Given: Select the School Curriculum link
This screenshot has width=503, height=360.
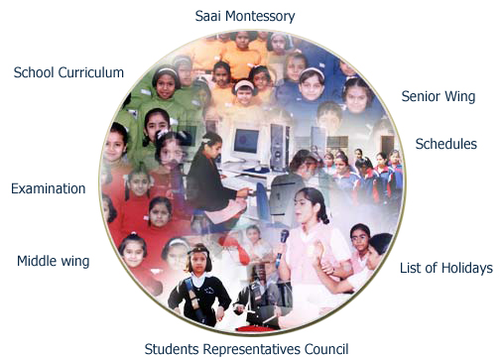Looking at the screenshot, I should click(x=68, y=73).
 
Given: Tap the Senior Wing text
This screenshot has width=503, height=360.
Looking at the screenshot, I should click(x=438, y=97).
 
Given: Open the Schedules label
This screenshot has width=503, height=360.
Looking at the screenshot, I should click(x=445, y=145).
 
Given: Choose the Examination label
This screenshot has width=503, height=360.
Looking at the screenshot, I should click(x=48, y=188).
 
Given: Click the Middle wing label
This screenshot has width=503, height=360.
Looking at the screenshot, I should click(x=53, y=262).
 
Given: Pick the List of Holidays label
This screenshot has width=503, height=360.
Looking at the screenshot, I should click(x=445, y=269).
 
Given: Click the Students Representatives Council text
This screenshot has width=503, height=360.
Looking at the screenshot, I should click(x=246, y=349).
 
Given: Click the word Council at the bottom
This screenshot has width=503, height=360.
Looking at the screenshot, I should click(x=325, y=349).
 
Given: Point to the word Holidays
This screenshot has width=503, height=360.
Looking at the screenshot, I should click(x=466, y=269).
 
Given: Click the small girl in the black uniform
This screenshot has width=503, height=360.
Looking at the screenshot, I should click(x=198, y=288).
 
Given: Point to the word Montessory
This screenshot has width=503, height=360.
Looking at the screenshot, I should click(x=261, y=17).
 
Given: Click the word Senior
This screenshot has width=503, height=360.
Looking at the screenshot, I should click(x=421, y=97).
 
